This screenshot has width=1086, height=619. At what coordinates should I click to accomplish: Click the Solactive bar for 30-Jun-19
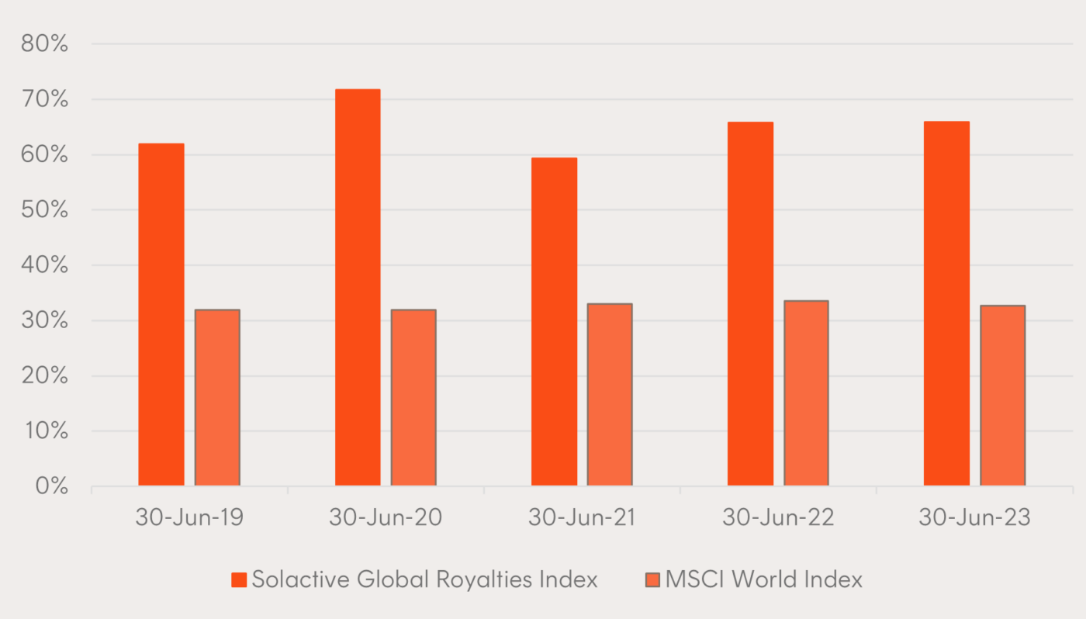pyautogui.click(x=161, y=314)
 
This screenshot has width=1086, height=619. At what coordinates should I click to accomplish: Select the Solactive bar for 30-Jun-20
pyautogui.click(x=358, y=287)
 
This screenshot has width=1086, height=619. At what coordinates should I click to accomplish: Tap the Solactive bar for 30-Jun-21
pyautogui.click(x=554, y=321)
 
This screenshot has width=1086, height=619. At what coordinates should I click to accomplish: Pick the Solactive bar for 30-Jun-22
pyautogui.click(x=750, y=303)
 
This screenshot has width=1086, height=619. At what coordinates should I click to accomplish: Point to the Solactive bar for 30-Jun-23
pyautogui.click(x=946, y=303)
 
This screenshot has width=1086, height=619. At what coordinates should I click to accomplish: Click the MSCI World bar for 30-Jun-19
pyautogui.click(x=217, y=397)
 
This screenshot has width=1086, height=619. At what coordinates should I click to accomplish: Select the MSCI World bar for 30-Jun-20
pyautogui.click(x=413, y=397)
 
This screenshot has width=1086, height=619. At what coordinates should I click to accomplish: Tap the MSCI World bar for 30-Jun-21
pyautogui.click(x=610, y=394)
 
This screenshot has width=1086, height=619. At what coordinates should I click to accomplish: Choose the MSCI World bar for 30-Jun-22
pyautogui.click(x=806, y=392)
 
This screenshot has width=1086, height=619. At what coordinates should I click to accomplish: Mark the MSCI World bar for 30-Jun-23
pyautogui.click(x=1002, y=395)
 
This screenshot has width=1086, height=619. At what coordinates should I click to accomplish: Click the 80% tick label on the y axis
pyautogui.click(x=45, y=44)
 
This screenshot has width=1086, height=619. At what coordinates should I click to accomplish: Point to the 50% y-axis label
pyautogui.click(x=45, y=210)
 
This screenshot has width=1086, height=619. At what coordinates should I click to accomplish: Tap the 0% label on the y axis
pyautogui.click(x=51, y=486)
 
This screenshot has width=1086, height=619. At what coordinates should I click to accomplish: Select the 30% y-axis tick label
pyautogui.click(x=45, y=321)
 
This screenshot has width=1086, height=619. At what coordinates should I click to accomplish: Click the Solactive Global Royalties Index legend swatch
pyautogui.click(x=239, y=579)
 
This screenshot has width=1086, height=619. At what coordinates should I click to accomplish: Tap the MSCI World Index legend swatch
pyautogui.click(x=652, y=579)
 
